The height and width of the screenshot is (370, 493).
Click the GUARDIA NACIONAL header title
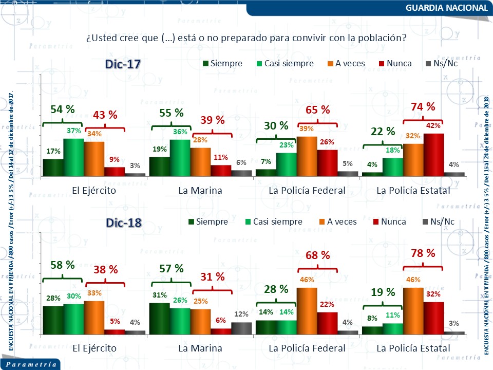pyautogui.click(x=446, y=8)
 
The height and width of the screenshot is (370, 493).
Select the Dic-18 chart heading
pyautogui.click(x=123, y=223)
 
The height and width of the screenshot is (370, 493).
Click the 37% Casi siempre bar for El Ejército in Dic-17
pyautogui.click(x=73, y=157)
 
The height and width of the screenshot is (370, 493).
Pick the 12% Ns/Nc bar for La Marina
pyautogui.click(x=241, y=328)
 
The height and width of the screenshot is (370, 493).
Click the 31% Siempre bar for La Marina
pyautogui.click(x=159, y=319)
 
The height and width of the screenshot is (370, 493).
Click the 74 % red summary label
pyautogui.click(x=423, y=107)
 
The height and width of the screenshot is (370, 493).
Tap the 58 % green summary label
pyautogui.click(x=63, y=265)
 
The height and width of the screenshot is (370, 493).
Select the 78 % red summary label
pyautogui.click(x=423, y=253)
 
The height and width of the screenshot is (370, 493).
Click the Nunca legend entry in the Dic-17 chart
pyautogui.click(x=394, y=64)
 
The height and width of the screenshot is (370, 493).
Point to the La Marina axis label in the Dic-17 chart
pyautogui.click(x=200, y=191)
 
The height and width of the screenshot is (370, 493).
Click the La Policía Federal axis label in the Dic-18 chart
pyautogui.click(x=307, y=348)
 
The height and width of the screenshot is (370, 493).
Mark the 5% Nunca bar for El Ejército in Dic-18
pyautogui.click(x=115, y=331)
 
